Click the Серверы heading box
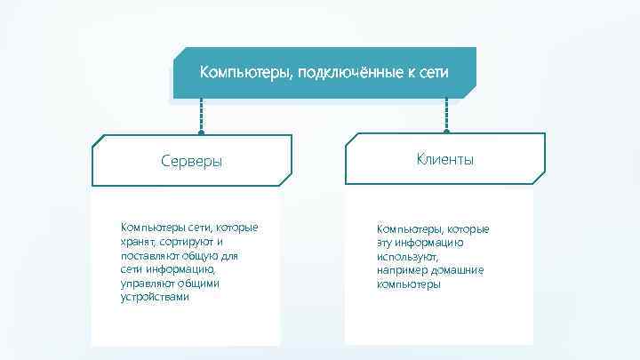(192, 162)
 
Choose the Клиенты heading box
(444, 159)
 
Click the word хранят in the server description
(137, 241)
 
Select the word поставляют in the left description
(148, 255)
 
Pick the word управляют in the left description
(146, 283)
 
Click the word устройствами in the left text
(155, 297)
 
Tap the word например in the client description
(401, 270)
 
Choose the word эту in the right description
(386, 242)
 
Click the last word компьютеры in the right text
(408, 284)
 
